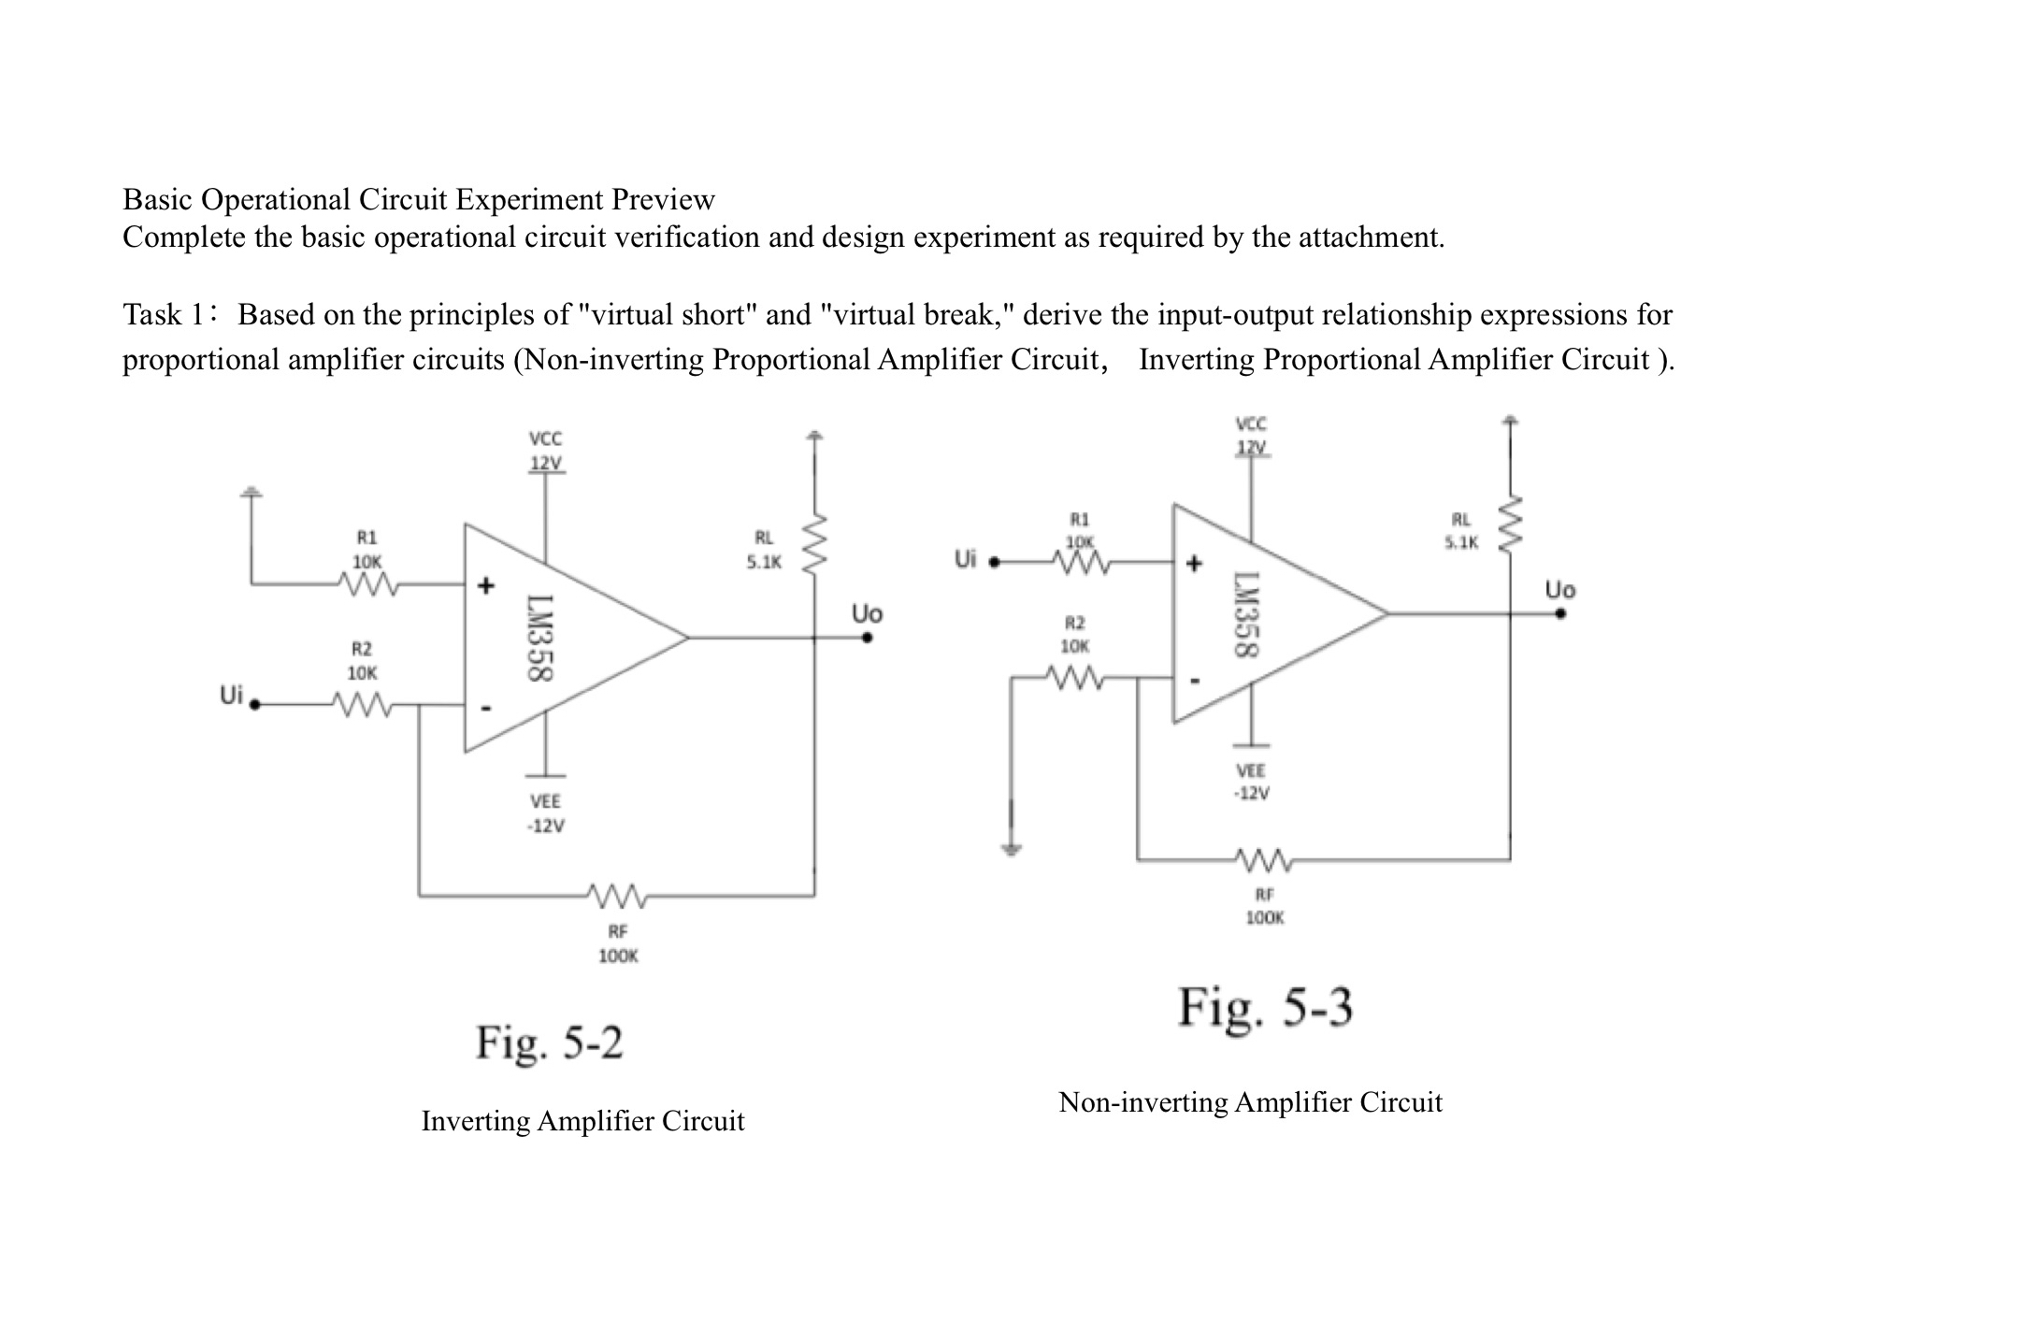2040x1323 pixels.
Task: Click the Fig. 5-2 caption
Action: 549,1043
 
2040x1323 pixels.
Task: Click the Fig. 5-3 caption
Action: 1264,1008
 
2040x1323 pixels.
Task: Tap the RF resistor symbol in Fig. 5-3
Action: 1263,858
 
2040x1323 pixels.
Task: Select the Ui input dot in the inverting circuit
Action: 254,705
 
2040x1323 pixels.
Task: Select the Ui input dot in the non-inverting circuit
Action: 994,563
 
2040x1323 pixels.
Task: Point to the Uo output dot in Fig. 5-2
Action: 868,638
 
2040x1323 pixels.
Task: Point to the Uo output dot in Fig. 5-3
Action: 1560,613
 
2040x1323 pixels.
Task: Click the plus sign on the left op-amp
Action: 485,586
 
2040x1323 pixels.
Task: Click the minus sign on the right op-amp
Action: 1194,681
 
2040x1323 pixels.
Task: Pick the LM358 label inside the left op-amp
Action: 541,639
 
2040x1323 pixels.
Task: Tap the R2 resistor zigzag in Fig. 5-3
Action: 1075,678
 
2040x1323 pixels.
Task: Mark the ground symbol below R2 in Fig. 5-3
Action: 1011,849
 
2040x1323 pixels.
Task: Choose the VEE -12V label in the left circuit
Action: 545,813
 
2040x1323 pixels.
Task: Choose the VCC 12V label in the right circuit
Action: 1251,436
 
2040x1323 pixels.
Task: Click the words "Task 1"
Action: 164,315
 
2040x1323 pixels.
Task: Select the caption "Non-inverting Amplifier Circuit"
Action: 1250,1102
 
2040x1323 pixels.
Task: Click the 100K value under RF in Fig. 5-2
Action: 618,956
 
